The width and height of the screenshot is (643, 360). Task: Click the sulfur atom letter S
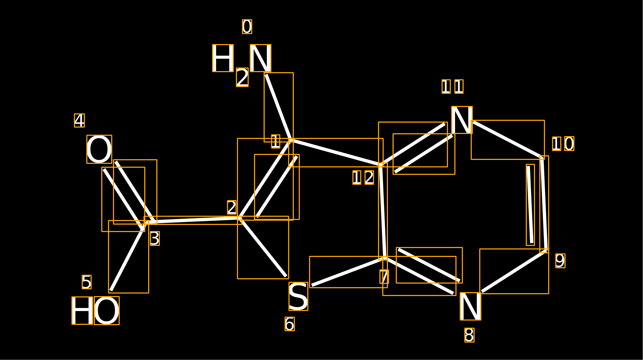point(298,296)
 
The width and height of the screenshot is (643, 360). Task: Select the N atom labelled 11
point(462,120)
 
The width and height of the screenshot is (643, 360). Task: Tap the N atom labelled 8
point(471,306)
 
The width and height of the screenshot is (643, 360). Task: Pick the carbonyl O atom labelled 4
point(99,149)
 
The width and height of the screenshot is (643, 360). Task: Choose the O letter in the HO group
point(107,311)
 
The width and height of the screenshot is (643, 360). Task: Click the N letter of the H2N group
point(261,58)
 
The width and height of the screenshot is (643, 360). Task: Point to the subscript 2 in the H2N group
point(242,77)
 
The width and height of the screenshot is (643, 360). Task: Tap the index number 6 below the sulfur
point(290,324)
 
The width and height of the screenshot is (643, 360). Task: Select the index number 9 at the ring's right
point(560,261)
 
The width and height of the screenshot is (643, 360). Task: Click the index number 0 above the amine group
point(247,27)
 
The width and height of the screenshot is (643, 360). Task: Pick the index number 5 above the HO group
point(87,282)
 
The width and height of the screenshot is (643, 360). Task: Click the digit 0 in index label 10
point(569,144)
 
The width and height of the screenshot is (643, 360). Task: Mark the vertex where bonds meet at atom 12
point(381,165)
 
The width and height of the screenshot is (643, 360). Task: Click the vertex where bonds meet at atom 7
point(385,258)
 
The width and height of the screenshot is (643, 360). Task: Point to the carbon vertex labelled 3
point(146,222)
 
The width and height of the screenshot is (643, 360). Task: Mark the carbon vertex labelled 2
point(240,218)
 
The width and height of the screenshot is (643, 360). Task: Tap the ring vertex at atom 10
point(542,158)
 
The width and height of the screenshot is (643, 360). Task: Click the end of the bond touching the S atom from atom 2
point(286,276)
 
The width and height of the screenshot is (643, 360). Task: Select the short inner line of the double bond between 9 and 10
point(530,205)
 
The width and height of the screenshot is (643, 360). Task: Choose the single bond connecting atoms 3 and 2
point(193,220)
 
